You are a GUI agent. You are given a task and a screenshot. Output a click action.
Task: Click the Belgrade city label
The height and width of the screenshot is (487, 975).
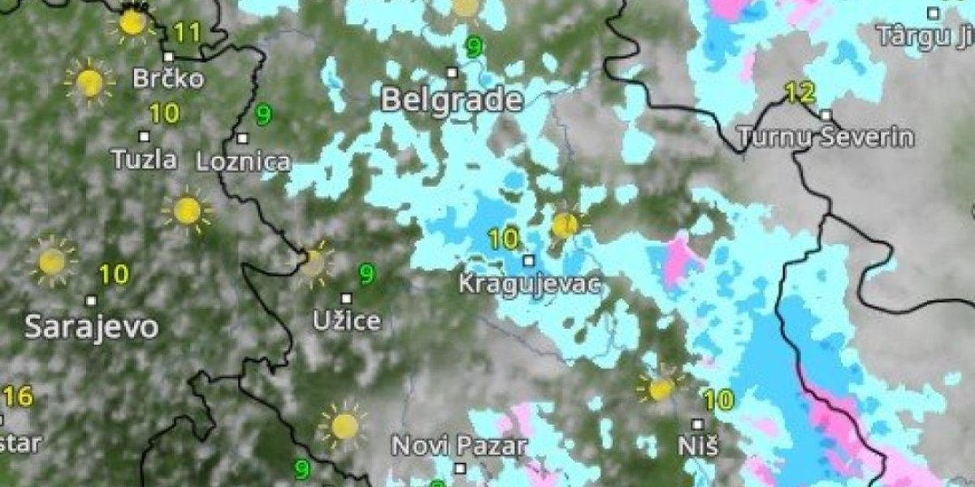click(x=451, y=99)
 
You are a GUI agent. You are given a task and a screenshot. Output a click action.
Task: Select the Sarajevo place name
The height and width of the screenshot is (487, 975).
click(x=91, y=327)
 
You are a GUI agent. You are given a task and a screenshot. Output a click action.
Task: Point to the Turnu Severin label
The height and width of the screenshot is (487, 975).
click(x=825, y=136)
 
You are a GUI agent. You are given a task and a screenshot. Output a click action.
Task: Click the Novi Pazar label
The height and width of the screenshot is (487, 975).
click(x=460, y=446)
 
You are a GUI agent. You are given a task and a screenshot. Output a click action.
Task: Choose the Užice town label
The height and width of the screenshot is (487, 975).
click(x=347, y=320)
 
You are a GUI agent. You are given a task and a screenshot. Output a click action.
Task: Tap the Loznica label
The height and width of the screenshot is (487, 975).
click(x=243, y=161)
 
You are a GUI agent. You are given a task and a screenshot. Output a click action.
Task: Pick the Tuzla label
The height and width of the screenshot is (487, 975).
click(x=145, y=159)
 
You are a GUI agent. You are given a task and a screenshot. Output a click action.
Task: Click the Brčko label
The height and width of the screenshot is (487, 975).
click(x=169, y=79)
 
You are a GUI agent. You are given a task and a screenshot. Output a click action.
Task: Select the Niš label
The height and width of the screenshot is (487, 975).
click(x=698, y=446)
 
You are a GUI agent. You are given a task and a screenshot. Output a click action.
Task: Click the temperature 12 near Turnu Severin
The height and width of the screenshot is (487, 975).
click(x=800, y=93)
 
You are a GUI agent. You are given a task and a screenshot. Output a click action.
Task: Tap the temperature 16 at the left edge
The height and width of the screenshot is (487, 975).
click(x=17, y=397)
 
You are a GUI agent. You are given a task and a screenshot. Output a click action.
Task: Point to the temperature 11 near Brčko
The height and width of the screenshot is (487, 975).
click(x=187, y=32)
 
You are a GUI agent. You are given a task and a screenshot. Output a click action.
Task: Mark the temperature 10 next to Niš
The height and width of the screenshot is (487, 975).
click(x=718, y=399)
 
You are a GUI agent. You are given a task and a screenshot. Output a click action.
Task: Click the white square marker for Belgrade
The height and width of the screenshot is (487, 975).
click(x=453, y=72)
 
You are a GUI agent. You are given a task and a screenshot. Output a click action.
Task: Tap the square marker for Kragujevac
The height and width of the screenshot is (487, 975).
click(x=529, y=261)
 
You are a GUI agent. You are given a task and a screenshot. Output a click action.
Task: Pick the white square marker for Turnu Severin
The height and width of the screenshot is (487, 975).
click(x=825, y=114)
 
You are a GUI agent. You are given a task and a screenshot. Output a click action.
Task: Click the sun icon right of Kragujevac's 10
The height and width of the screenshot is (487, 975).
click(x=565, y=225)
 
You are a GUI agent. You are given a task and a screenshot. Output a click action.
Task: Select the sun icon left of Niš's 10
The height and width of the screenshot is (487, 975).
click(x=661, y=388)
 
